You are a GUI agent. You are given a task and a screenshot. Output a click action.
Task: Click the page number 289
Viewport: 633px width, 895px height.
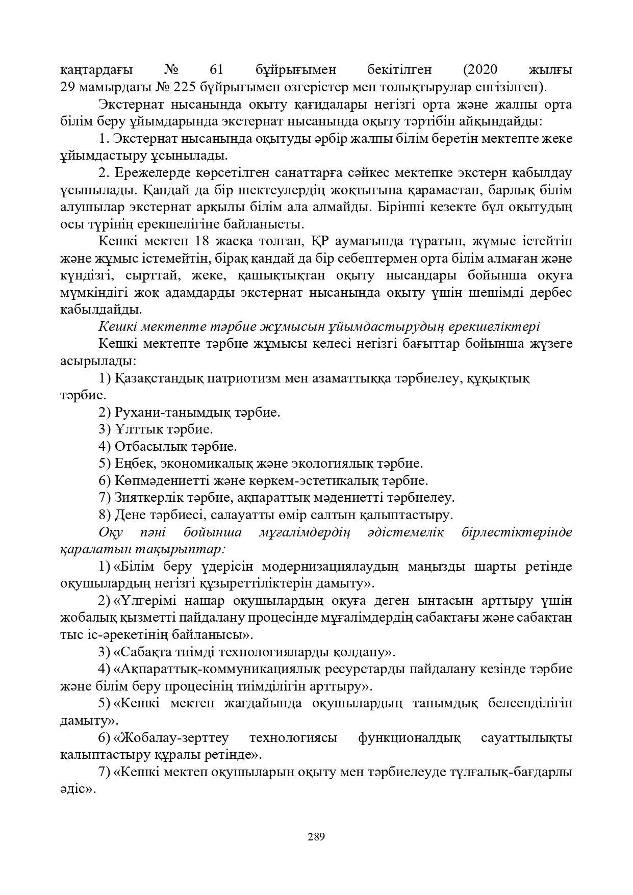point(316,836)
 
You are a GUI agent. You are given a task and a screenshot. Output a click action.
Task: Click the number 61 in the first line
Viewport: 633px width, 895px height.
point(218,69)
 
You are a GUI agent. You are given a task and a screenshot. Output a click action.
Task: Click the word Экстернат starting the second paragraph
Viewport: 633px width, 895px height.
point(130,105)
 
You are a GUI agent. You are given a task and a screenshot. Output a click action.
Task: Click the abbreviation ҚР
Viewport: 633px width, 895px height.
point(319,241)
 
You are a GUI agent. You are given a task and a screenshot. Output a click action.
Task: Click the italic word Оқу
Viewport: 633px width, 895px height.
point(109,532)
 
